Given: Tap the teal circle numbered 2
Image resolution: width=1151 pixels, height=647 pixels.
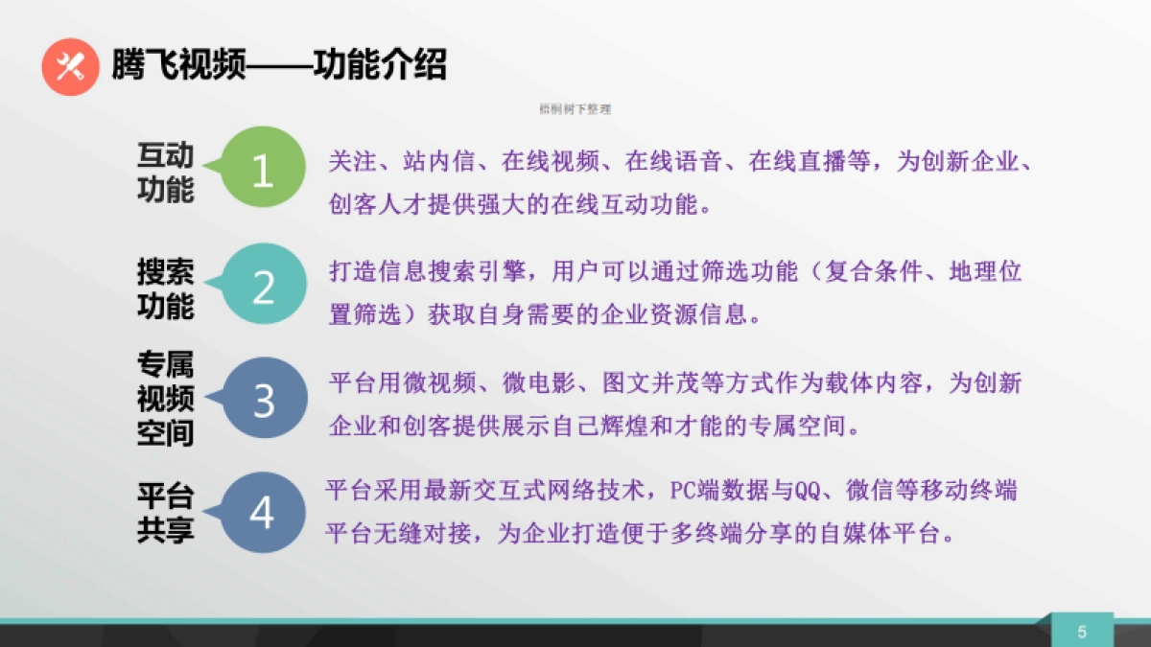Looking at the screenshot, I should pos(263,287).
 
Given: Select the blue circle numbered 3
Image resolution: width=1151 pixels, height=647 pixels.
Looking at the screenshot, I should pos(264,401).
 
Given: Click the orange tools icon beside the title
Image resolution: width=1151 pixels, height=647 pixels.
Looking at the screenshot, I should pos(70,66).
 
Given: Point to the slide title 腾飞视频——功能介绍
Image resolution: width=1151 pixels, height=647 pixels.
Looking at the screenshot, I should pos(279,66).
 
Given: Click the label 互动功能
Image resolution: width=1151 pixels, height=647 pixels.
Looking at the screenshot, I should pos(166,173).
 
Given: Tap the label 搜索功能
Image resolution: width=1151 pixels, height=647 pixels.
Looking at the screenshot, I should pos(166,289).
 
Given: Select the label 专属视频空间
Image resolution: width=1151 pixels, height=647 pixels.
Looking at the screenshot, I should pos(166,399).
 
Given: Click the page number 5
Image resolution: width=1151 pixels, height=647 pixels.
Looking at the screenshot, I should pos(1082,631).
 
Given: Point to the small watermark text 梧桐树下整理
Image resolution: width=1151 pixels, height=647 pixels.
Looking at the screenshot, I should pos(575,109).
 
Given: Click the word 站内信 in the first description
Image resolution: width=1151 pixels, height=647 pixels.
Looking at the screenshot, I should pos(439,162).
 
